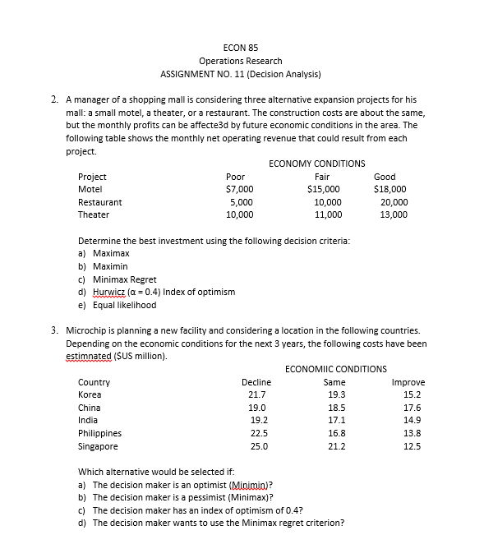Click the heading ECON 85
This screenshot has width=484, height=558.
pos(241,46)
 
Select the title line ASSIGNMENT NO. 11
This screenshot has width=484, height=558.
pos(241,75)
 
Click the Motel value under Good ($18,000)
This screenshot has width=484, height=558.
pos(390,189)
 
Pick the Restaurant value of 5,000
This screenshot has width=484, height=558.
pos(240,202)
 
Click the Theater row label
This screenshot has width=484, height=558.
pos(93,214)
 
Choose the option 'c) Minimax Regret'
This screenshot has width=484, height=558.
pos(117,279)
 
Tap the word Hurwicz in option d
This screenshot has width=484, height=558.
pos(109,292)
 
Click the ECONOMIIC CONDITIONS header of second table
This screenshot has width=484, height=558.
pos(335,369)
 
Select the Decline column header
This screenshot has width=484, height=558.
pos(256,382)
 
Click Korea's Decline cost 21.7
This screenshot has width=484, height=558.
pos(256,394)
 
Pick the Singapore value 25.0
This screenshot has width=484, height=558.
pos(256,446)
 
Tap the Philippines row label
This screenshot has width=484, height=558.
pos(99,433)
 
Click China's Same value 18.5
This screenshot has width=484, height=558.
pos(336,408)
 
